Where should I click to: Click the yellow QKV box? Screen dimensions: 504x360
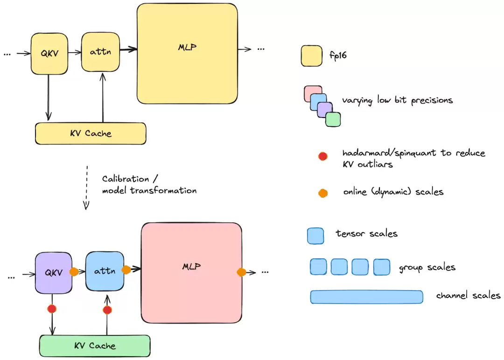click(x=49, y=54)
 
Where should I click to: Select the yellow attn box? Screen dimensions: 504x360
click(x=101, y=52)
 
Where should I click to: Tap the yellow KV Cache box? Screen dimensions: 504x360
click(x=91, y=133)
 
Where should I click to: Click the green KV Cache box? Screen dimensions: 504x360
click(x=95, y=346)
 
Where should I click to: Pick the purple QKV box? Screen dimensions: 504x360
click(x=54, y=273)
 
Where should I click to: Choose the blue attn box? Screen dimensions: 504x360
click(x=105, y=271)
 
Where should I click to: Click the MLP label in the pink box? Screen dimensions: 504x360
click(x=192, y=266)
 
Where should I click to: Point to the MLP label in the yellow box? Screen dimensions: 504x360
click(x=188, y=47)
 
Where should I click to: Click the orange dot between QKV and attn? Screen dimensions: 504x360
click(x=74, y=272)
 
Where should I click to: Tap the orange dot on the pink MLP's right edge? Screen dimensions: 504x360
click(x=241, y=272)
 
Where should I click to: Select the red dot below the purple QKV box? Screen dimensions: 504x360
click(x=52, y=309)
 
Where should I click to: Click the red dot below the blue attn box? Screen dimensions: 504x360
click(x=107, y=310)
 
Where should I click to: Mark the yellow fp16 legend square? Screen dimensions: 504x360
click(x=312, y=56)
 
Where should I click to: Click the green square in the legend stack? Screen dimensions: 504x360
click(x=333, y=119)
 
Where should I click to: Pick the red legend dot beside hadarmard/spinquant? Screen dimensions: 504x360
click(x=323, y=156)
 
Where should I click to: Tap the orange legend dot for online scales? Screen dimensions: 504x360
click(x=323, y=193)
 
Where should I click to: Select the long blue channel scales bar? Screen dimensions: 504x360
click(x=366, y=297)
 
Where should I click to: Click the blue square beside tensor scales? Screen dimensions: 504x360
click(x=315, y=236)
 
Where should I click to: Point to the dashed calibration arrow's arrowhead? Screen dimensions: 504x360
click(x=86, y=206)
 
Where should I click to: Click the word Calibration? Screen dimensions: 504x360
click(x=126, y=179)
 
